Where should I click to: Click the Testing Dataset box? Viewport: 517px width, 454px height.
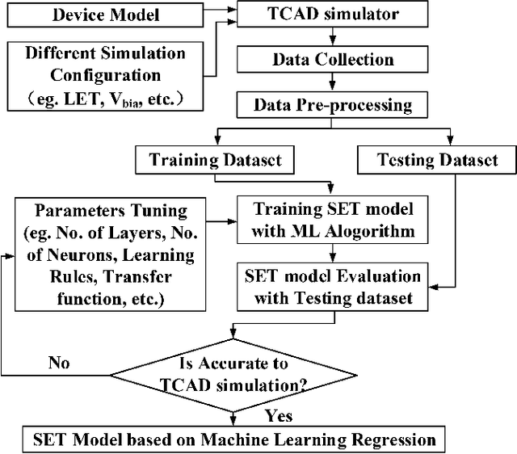(x=436, y=160)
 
